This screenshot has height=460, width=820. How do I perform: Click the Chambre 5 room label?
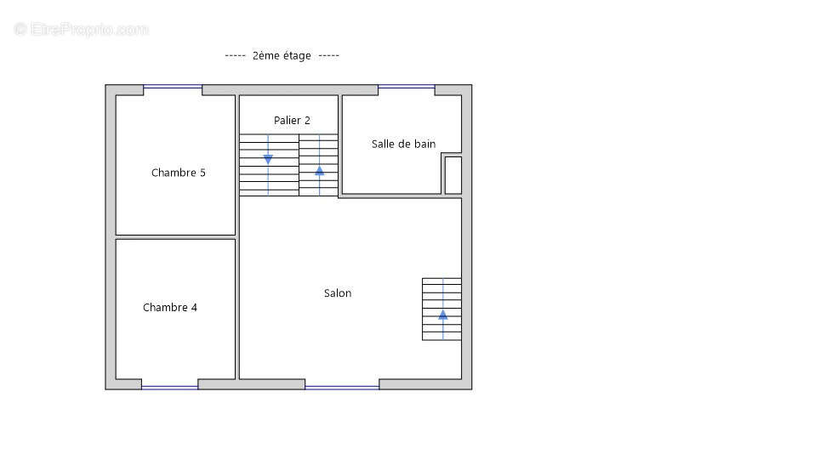point(179,173)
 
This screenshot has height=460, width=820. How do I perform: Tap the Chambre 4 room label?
point(170,307)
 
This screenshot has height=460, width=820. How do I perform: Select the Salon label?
point(338,293)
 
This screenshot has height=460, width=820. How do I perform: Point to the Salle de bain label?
point(404,145)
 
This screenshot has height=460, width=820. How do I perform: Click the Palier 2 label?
point(292,120)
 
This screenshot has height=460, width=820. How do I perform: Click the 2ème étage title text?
point(282,55)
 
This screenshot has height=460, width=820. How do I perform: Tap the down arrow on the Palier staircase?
point(268,159)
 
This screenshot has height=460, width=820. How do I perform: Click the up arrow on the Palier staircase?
point(320,170)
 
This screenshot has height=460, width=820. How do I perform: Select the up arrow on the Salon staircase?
point(443,314)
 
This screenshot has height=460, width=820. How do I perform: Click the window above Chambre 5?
point(173,86)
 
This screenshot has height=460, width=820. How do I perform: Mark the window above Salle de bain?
point(407,86)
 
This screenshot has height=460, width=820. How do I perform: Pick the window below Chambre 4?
point(170,388)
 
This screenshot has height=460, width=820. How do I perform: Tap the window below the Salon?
point(342,388)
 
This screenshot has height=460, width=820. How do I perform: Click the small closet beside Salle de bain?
point(453,175)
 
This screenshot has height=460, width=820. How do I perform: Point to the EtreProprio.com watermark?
point(81,29)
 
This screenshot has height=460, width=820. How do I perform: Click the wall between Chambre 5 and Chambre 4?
point(176,237)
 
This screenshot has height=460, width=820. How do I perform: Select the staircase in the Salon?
point(442,310)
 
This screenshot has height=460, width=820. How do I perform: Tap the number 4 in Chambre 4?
point(194,307)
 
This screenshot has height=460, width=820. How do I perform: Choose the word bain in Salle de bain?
point(424,145)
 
